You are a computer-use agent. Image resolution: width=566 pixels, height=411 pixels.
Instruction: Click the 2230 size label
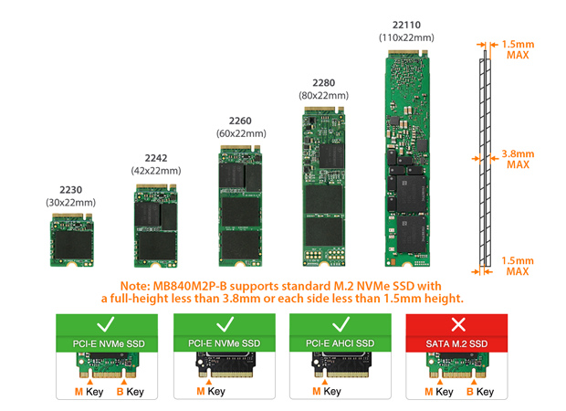pyautogui.click(x=71, y=190)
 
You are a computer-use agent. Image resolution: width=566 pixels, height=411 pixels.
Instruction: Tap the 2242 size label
pyautogui.click(x=156, y=158)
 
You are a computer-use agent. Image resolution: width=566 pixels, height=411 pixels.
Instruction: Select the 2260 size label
pyautogui.click(x=240, y=121)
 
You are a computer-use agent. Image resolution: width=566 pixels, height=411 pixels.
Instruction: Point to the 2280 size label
pyautogui.click(x=324, y=83)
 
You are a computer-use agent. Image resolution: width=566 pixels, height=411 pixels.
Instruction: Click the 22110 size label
pyautogui.click(x=406, y=25)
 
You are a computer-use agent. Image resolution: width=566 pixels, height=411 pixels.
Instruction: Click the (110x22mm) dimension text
pyautogui.click(x=406, y=37)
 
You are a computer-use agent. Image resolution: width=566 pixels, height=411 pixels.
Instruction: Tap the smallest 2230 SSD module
pyautogui.click(x=72, y=240)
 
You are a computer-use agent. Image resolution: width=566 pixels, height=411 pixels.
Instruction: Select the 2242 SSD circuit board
pyautogui.click(x=156, y=226)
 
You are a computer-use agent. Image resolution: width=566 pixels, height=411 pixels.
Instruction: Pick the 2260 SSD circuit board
pyautogui.click(x=240, y=206)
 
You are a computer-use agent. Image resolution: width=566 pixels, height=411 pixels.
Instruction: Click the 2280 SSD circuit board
pyautogui.click(x=324, y=186)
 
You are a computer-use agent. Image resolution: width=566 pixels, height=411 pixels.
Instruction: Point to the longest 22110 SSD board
pyautogui.click(x=407, y=158)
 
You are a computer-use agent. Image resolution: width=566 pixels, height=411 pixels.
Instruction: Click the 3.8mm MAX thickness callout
pyautogui.click(x=518, y=159)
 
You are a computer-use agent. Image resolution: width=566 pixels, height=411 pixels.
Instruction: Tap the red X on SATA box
pyautogui.click(x=458, y=324)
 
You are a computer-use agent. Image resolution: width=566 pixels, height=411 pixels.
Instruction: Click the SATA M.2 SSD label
pyautogui.click(x=456, y=343)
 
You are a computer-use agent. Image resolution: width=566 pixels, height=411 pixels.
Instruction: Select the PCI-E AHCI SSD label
pyautogui.click(x=340, y=343)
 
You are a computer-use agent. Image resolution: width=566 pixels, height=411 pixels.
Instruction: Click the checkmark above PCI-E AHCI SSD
pyautogui.click(x=341, y=324)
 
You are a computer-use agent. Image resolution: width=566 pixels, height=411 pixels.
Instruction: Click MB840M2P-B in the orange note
pyautogui.click(x=190, y=286)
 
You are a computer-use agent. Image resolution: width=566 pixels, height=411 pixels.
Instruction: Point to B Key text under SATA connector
pyautogui.click(x=480, y=392)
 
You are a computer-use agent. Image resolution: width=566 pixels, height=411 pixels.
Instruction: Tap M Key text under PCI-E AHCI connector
pyautogui.click(x=327, y=391)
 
